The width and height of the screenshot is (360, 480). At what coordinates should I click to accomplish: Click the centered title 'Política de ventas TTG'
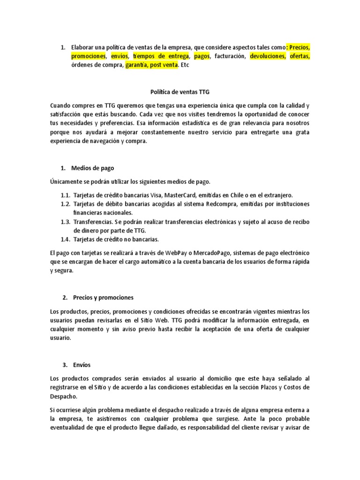point(180,93)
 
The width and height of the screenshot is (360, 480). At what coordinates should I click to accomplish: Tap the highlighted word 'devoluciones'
point(266,56)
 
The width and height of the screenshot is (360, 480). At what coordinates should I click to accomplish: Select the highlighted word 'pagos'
point(202,56)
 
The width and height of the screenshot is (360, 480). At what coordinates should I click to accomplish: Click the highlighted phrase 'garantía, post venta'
point(151,65)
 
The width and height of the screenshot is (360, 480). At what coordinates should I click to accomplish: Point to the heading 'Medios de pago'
point(92,168)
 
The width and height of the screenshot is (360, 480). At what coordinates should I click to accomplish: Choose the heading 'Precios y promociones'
point(103,298)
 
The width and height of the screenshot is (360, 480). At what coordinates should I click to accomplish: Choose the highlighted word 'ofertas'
point(300,56)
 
